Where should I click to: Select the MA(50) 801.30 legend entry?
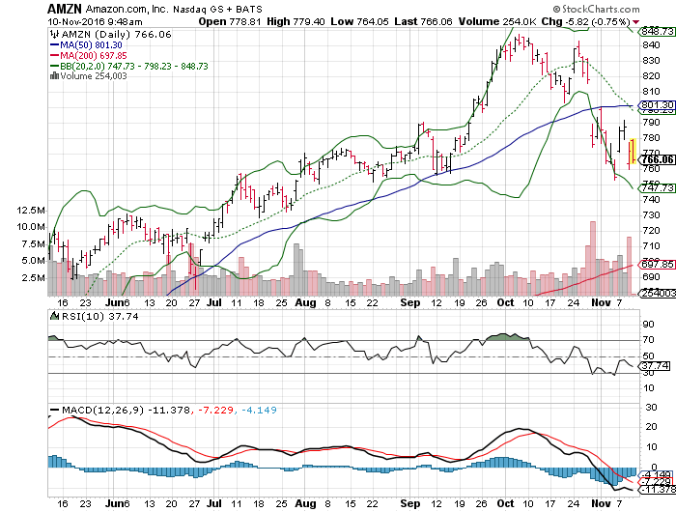coord(89,43)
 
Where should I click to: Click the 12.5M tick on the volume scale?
coord(32,210)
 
